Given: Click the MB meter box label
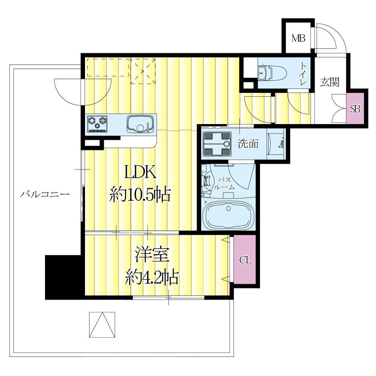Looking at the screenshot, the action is coord(298,38).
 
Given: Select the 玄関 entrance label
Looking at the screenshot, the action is coord(330,82).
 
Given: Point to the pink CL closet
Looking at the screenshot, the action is coord(245,259).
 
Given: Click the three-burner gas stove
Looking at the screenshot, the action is coord(97,123).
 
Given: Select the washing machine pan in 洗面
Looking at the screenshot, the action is coord(217,144).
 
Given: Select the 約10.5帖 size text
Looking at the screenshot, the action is coord(140,194).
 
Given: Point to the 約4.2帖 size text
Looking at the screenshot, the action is coord(152,277).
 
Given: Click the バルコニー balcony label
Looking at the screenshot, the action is coord(45,194).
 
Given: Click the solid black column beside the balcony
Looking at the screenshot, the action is coord(63,277).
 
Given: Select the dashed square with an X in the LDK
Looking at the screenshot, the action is coord(143,71).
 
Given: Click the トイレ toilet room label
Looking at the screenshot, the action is coord(303,74).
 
